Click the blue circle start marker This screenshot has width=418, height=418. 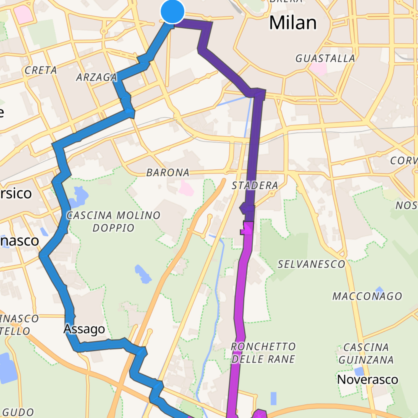(173, 12)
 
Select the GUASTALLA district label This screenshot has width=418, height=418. (325, 59)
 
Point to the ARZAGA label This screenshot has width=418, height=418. (96, 77)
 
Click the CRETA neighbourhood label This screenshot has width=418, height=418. (41, 70)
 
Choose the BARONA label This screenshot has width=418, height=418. (168, 173)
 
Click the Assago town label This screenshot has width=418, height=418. (84, 329)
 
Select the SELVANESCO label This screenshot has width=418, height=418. (311, 265)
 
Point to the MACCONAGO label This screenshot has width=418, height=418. (367, 296)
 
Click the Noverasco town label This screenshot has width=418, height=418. (367, 380)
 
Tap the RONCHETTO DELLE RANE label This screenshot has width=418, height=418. (263, 353)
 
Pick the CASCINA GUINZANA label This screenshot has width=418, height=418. (366, 354)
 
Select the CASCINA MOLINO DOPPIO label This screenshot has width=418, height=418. (113, 221)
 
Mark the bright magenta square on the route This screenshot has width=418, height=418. (248, 228)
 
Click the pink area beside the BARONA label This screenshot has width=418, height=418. (186, 189)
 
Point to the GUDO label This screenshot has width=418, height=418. (18, 412)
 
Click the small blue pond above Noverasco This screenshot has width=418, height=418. (359, 371)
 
